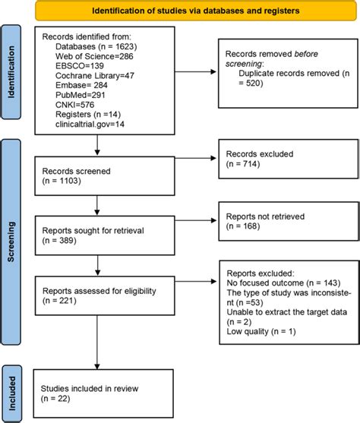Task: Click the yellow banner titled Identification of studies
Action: point(190,11)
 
